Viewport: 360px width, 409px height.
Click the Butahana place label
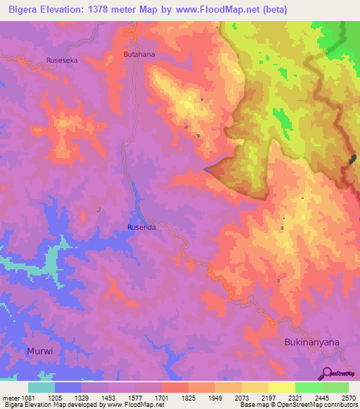139,53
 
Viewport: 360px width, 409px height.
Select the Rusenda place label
141,228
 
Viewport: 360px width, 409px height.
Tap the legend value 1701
162,397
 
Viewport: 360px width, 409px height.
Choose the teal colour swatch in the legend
41,387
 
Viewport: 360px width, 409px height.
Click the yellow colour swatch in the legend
281,387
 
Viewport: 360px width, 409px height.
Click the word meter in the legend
12,397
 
